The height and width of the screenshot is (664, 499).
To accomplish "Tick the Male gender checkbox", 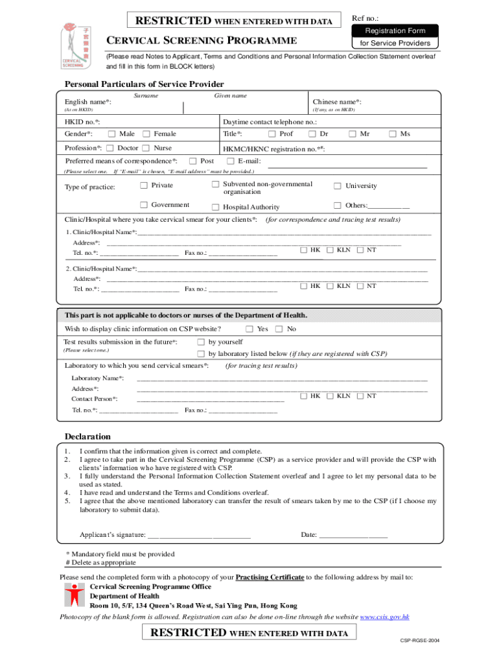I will coord(111,134).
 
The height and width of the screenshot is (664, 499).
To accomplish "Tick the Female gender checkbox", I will coord(146,134).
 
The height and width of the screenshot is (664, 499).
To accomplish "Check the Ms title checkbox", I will coord(392,134).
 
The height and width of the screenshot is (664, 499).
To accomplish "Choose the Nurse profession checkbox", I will coord(146,148).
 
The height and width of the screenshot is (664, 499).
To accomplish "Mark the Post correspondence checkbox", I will coord(192,161).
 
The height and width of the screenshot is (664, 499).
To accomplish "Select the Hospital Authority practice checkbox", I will coord(216,207).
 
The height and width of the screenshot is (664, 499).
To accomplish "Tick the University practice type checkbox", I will coord(337,186).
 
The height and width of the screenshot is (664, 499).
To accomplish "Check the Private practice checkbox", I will coord(143,185).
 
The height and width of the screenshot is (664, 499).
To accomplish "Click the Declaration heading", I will coord(87,436).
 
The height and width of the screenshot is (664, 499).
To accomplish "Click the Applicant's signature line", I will coord(199,536).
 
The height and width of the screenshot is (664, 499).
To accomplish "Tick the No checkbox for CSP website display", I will coord(279,329).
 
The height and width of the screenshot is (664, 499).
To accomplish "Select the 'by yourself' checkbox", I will coord(201,342).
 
